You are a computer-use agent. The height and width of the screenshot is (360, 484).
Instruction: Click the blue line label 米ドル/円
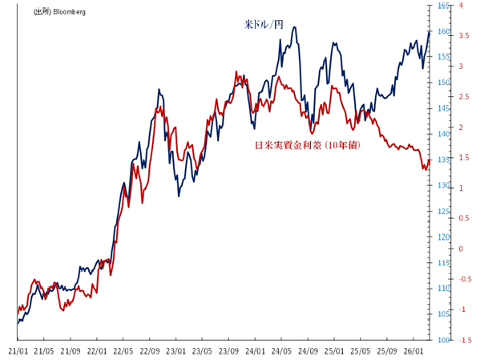(264, 25)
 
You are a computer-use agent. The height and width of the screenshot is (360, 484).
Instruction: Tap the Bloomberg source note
(60, 13)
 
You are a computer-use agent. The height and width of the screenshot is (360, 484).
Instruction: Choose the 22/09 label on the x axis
(149, 351)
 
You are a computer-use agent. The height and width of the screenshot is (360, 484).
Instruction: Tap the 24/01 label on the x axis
(255, 351)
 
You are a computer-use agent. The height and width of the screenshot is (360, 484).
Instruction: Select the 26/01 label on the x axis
(413, 351)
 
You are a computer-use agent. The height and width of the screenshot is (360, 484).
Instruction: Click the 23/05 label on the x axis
(202, 351)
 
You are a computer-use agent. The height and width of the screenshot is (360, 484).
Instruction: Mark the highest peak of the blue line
(295, 27)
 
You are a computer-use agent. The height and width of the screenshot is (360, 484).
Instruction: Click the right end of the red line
(430, 160)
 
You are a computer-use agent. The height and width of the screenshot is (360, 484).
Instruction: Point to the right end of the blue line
(430, 32)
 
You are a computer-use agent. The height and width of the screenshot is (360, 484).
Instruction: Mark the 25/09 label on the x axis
(387, 351)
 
